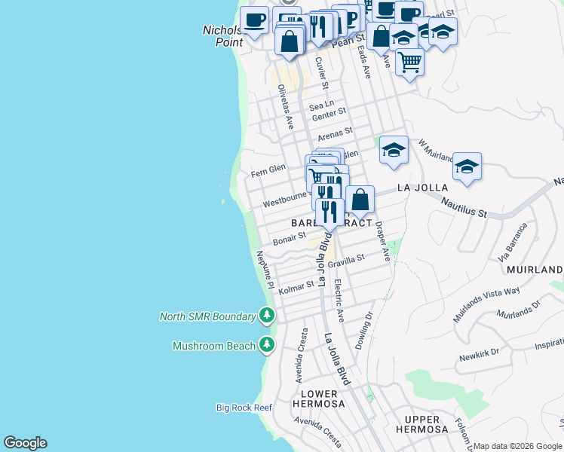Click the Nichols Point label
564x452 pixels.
223,36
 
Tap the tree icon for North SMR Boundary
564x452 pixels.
266,316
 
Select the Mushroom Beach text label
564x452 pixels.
213,347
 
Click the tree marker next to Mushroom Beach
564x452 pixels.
266,345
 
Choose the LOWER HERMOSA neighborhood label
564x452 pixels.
323,399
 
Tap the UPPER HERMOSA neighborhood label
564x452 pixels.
421,424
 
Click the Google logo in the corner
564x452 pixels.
25,443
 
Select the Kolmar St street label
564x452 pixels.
296,287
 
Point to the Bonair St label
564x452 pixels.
289,238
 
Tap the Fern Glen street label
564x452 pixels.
268,169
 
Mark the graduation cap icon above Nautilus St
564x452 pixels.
467,167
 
